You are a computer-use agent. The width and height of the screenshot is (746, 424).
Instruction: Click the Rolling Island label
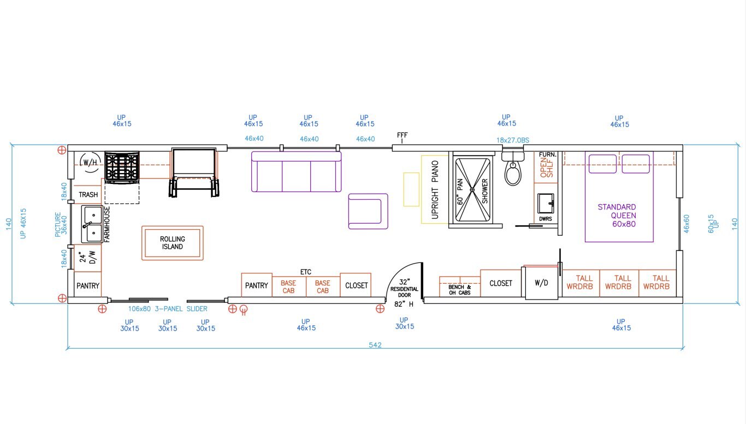173,243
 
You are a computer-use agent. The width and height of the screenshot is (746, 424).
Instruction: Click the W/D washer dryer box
542,283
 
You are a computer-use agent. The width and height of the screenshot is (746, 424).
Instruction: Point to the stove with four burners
122,166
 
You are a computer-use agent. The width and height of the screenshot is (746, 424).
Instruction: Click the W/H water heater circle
89,162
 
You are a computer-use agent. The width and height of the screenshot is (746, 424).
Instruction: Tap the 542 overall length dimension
375,345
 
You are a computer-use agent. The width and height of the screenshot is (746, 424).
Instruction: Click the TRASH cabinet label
88,195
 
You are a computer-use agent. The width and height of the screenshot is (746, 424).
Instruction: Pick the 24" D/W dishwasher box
88,258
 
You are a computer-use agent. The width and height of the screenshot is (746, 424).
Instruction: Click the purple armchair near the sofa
368,211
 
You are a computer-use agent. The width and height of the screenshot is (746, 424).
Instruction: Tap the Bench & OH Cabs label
459,290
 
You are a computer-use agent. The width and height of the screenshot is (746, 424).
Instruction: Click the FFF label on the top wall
402,135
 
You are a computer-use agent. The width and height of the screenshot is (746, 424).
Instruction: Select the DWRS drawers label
546,218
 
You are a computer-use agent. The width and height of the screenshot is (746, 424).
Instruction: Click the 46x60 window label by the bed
686,224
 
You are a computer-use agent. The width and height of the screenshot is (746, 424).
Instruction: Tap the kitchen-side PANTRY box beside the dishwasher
88,285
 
